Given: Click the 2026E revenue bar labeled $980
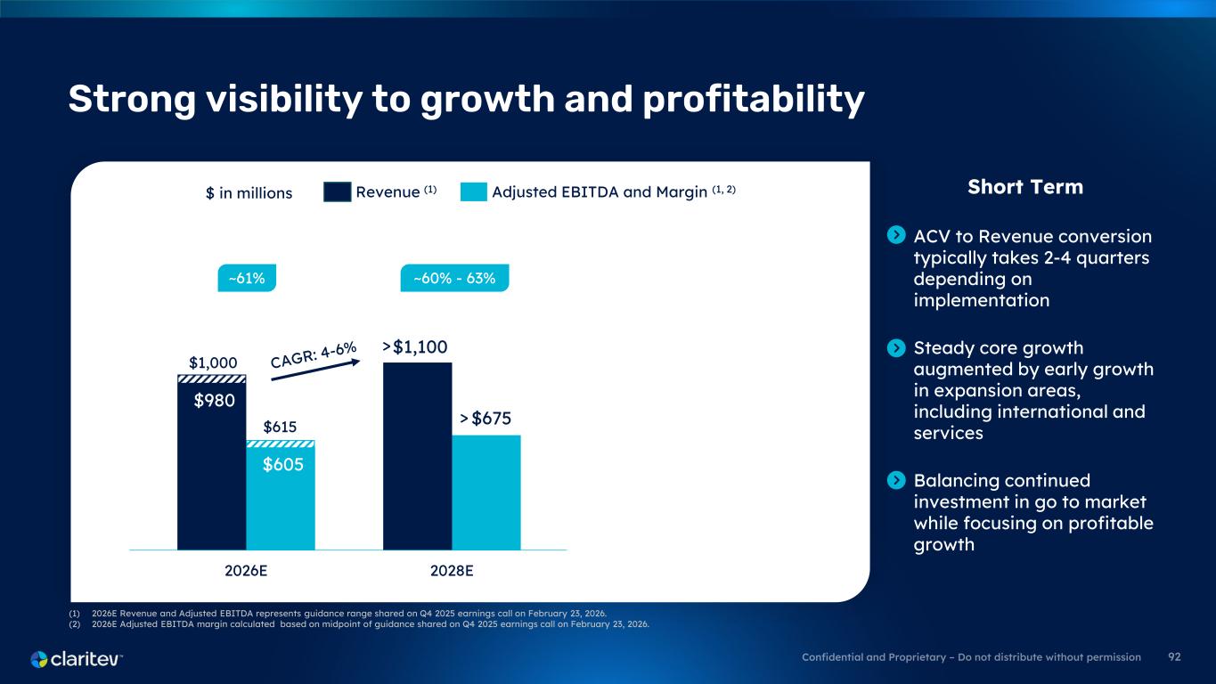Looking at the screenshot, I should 212,472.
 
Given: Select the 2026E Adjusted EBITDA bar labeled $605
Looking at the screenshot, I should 281,503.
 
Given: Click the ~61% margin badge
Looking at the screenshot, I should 247,279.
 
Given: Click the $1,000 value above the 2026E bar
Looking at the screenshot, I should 213,362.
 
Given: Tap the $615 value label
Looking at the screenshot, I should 281,427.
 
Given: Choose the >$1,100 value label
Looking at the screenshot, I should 415,346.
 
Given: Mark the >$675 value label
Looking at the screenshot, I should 486,419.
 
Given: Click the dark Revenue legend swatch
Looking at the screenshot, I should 337,191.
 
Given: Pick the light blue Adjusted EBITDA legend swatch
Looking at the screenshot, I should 474,191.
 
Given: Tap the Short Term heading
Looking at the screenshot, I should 1024,187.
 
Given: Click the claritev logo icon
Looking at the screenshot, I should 40,659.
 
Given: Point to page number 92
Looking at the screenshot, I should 1174,657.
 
